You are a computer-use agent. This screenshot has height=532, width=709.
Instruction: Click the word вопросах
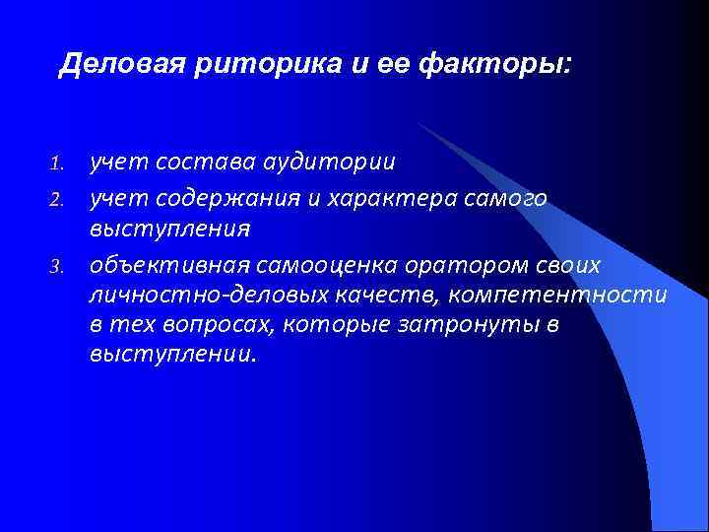[219, 325]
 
